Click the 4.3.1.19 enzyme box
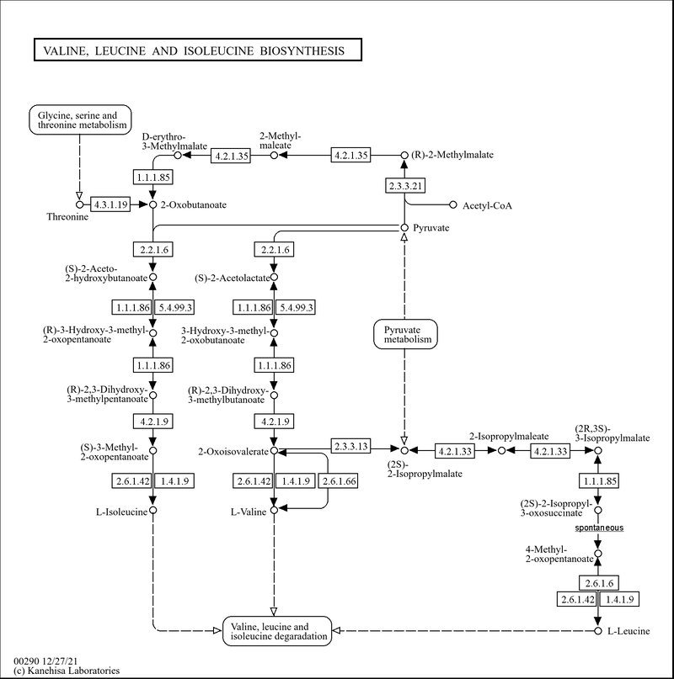tap(110, 204)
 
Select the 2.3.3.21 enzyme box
tap(405, 186)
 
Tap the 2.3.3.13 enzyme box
tap(351, 446)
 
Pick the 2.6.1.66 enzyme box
tap(339, 481)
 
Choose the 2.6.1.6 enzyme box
tap(599, 583)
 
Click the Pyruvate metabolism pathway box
tap(405, 334)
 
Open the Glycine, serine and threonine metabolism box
tap(80, 119)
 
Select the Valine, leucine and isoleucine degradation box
tap(277, 631)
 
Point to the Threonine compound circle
tap(79, 204)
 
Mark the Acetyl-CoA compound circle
tap(453, 204)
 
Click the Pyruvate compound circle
tap(404, 228)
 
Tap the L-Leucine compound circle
tap(598, 631)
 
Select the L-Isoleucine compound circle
tap(152, 511)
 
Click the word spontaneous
tap(599, 528)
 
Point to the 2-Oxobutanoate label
tap(194, 204)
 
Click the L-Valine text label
tap(249, 512)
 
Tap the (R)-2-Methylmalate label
tap(452, 155)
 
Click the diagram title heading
tap(194, 51)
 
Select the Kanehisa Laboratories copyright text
tap(67, 671)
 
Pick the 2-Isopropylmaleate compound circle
tap(502, 451)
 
